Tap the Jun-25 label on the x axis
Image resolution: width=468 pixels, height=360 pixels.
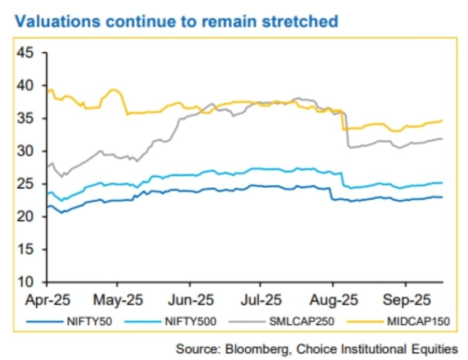(x=189, y=300)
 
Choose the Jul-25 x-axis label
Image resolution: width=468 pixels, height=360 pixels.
(x=260, y=300)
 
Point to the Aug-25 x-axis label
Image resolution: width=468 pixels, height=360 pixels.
(x=332, y=300)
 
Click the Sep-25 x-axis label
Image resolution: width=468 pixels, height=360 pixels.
(x=405, y=300)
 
